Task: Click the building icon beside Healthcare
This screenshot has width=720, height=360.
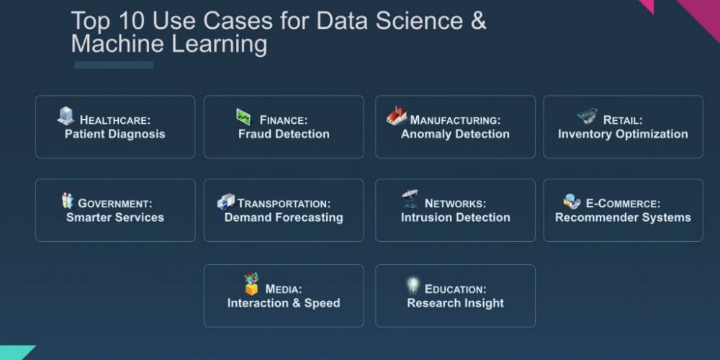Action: (x=66, y=116)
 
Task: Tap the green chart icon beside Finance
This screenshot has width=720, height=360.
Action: (x=244, y=117)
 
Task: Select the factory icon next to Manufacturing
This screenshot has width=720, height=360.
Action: (x=397, y=116)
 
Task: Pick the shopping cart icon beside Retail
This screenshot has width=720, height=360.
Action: (x=588, y=116)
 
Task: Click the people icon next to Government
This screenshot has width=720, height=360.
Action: (x=68, y=201)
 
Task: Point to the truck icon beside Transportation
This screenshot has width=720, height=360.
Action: (x=226, y=202)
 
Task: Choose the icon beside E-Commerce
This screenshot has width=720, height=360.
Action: (x=572, y=201)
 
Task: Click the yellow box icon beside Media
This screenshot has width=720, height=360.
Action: (x=251, y=284)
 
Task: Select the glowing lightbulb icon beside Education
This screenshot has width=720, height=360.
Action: (x=413, y=285)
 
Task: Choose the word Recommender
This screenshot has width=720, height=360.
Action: (x=588, y=217)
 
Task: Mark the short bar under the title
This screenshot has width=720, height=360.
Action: (x=114, y=65)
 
